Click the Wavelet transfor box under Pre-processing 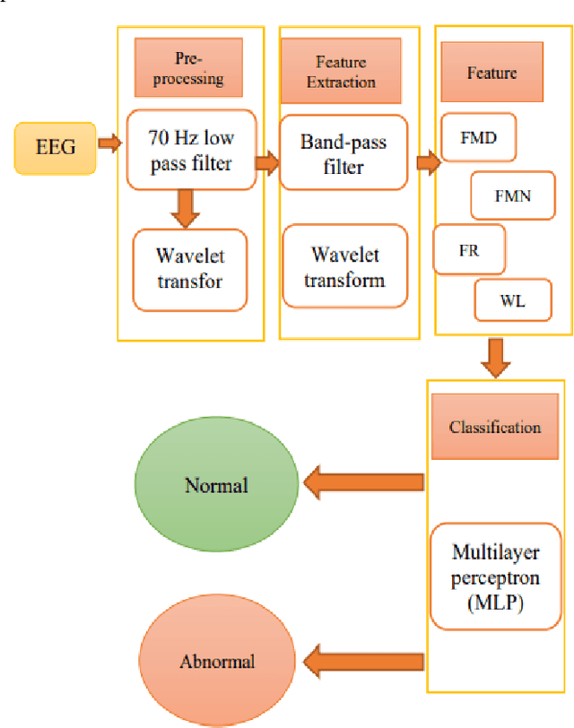[x=189, y=269]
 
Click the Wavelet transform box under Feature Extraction [x=344, y=268]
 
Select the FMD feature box [x=478, y=140]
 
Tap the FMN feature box [x=513, y=194]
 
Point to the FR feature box [x=469, y=250]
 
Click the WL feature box [x=512, y=302]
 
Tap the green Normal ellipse [x=216, y=485]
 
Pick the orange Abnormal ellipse [x=216, y=661]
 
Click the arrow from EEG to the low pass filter [x=109, y=143]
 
